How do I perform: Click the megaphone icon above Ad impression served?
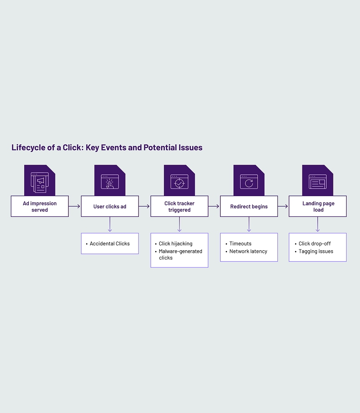pyautogui.click(x=40, y=182)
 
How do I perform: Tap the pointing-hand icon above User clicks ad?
pyautogui.click(x=110, y=182)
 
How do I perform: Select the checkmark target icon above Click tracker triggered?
pyautogui.click(x=179, y=182)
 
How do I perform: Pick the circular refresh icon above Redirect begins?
pyautogui.click(x=249, y=182)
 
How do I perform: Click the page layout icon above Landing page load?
pyautogui.click(x=317, y=182)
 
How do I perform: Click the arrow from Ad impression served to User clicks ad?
pyautogui.click(x=75, y=206)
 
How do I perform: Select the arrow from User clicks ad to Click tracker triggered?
pyautogui.click(x=144, y=206)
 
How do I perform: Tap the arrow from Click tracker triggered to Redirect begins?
pyautogui.click(x=214, y=206)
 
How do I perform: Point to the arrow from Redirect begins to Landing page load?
pyautogui.click(x=283, y=206)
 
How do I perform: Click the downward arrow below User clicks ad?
pyautogui.click(x=110, y=224)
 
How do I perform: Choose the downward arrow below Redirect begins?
pyautogui.click(x=249, y=224)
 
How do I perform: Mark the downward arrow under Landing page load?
pyautogui.click(x=317, y=224)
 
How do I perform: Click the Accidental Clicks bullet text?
pyautogui.click(x=110, y=244)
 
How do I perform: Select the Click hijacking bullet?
pyautogui.click(x=175, y=244)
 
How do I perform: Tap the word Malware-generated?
pyautogui.click(x=180, y=251)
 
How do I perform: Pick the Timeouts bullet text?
pyautogui.click(x=240, y=244)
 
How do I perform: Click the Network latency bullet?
pyautogui.click(x=248, y=251)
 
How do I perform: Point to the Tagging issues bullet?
pyautogui.click(x=316, y=251)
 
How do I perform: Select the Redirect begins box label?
pyautogui.click(x=249, y=206)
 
